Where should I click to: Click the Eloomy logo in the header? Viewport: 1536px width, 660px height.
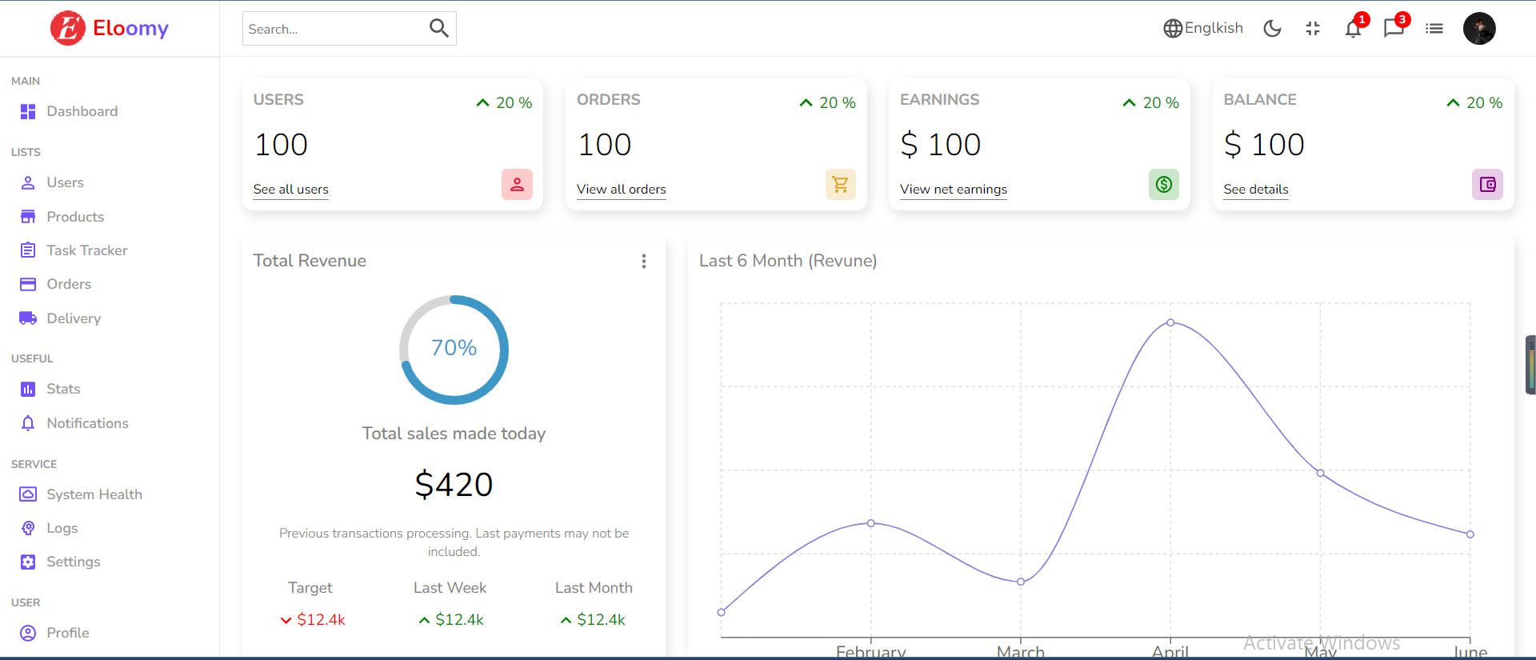(x=110, y=29)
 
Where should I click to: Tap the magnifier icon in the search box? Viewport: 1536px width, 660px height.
(x=438, y=29)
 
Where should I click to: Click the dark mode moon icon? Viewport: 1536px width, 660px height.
(x=1272, y=29)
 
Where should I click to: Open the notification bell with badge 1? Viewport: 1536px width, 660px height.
(x=1353, y=29)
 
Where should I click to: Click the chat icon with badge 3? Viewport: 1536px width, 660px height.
(x=1394, y=29)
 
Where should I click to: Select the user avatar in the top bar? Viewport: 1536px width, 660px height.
(x=1479, y=29)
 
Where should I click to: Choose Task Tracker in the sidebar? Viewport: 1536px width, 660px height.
(x=86, y=250)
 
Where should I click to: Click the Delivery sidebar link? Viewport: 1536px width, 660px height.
(x=73, y=318)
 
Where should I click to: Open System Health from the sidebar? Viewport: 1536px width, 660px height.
(x=94, y=494)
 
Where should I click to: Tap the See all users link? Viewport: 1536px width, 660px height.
(x=290, y=190)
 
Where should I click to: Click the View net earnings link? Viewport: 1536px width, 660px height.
(x=953, y=190)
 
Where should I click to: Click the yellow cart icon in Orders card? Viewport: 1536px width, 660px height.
(x=840, y=185)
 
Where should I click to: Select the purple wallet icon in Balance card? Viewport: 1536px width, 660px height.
(x=1487, y=185)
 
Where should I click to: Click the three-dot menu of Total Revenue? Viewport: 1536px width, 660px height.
(x=643, y=262)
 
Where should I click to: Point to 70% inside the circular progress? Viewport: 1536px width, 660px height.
(x=454, y=348)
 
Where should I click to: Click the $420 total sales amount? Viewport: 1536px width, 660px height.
(x=454, y=485)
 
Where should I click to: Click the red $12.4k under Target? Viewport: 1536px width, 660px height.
(x=321, y=620)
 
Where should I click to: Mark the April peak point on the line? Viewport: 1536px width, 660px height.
(x=1170, y=322)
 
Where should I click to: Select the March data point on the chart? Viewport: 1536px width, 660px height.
(x=1021, y=582)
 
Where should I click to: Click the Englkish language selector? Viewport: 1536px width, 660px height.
(x=1203, y=29)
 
